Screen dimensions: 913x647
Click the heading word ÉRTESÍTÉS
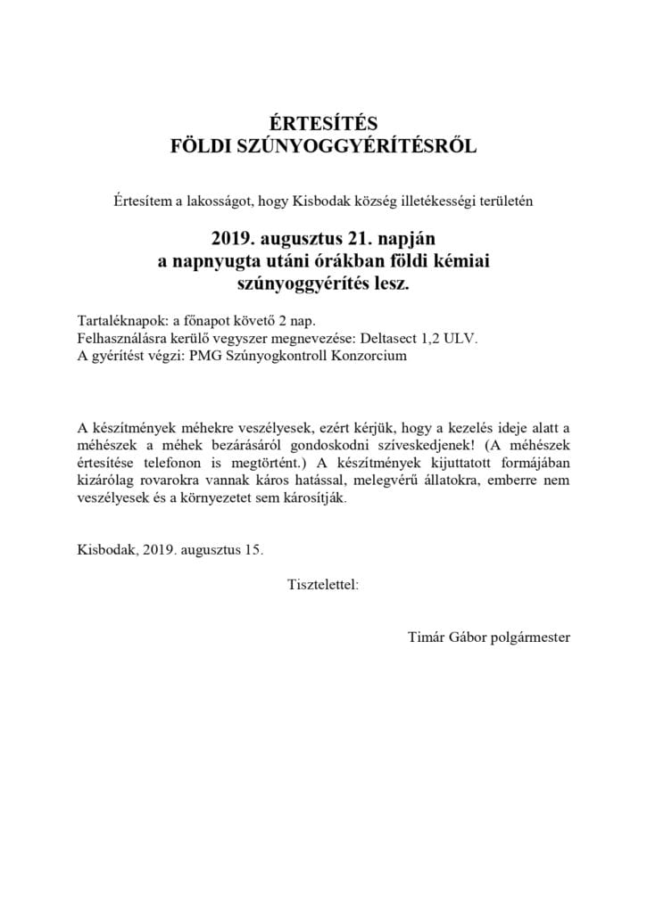pos(323,123)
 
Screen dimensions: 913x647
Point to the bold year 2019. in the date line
pos(234,239)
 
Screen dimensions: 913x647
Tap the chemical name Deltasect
pos(421,339)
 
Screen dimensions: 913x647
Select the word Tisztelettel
pos(323,585)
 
